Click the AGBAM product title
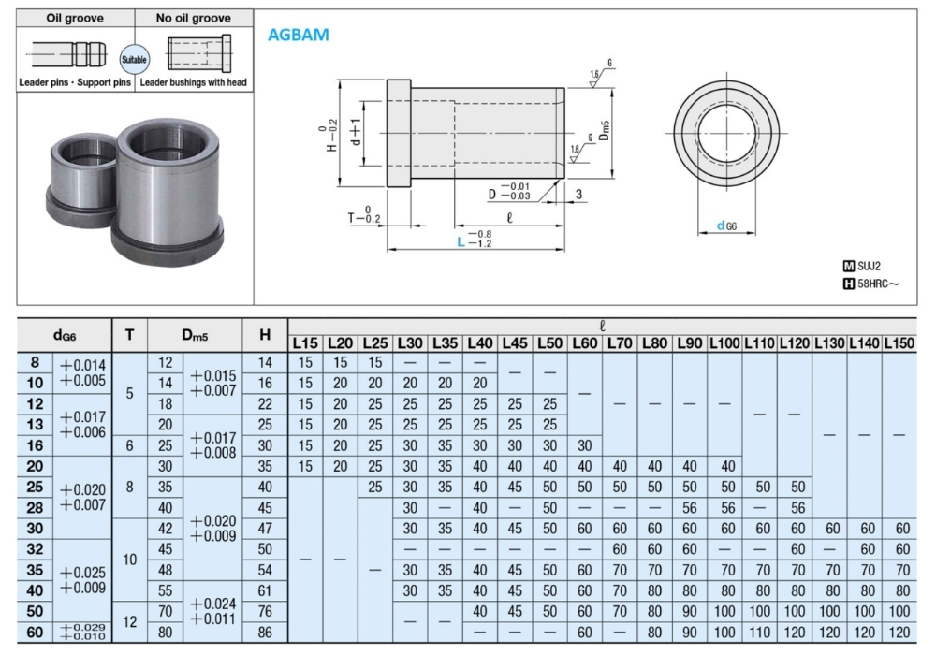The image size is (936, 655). pyautogui.click(x=298, y=35)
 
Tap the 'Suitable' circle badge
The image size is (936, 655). pyautogui.click(x=134, y=59)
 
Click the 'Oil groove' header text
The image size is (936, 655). pyautogui.click(x=75, y=18)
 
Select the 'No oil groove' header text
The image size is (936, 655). pyautogui.click(x=194, y=18)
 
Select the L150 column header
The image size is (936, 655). pyautogui.click(x=899, y=343)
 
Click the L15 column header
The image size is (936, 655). pyautogui.click(x=305, y=343)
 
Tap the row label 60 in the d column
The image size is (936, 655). pyautogui.click(x=35, y=632)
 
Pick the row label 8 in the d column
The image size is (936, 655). pyautogui.click(x=35, y=362)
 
